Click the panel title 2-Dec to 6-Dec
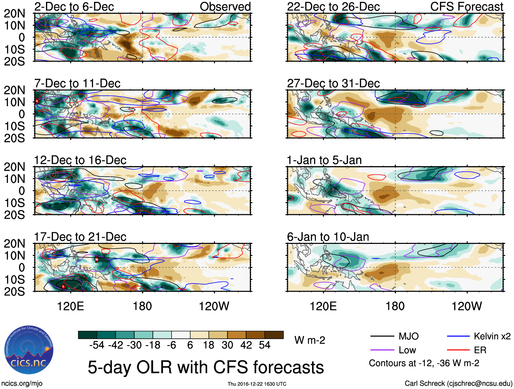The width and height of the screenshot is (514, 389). (74, 7)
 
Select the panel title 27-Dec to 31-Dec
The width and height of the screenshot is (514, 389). (333, 83)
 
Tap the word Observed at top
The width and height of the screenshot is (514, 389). (225, 7)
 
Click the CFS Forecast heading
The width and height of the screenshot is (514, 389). (466, 7)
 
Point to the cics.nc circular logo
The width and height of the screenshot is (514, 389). (29, 350)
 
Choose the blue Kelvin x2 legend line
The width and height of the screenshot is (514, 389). (458, 337)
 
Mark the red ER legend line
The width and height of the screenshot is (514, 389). (458, 350)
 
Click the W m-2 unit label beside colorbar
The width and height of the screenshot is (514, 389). (309, 340)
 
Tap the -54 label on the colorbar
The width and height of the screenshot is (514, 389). (97, 345)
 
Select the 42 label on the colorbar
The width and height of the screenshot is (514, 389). (246, 345)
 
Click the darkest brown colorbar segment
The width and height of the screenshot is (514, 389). (274, 335)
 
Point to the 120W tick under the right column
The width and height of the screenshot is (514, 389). (467, 306)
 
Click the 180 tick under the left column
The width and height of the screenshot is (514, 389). (142, 306)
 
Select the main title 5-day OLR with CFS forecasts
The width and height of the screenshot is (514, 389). (206, 367)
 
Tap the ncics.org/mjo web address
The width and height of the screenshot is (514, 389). (22, 384)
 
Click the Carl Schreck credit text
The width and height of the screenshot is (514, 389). (458, 384)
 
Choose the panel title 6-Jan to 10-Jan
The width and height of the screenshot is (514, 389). (328, 237)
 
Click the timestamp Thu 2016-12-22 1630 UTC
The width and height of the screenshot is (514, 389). (257, 384)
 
